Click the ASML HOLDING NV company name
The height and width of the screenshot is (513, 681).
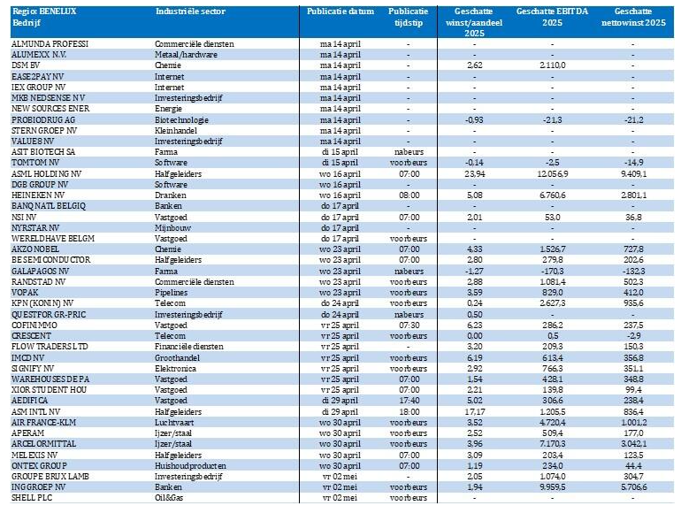pos(47,173)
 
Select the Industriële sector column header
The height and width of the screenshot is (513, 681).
pos(190,11)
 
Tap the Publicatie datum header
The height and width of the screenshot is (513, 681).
pos(340,11)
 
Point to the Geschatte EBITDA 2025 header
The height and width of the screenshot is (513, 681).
pos(552,17)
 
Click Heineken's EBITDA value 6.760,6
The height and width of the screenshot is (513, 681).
pos(553,195)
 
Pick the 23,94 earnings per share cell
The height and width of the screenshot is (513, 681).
pos(475,173)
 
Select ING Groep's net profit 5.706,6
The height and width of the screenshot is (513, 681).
pos(633,487)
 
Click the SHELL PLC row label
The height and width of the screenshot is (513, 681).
pos(32,498)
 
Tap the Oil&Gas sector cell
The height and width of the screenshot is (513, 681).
pos(169,498)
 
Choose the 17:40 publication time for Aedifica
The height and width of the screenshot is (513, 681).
pos(409,401)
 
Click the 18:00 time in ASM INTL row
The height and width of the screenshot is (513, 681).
pos(409,412)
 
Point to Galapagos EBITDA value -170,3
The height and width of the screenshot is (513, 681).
pos(553,271)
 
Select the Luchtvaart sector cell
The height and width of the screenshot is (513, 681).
pos(174,422)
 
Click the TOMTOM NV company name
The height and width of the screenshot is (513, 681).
pos(35,163)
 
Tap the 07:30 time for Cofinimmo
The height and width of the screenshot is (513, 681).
pos(409,325)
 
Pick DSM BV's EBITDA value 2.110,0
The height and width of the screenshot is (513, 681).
pos(553,65)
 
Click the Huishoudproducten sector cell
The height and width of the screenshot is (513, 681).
pos(190,465)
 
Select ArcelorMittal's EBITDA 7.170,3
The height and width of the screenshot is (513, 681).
pos(553,444)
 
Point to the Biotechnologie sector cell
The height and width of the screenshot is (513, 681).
pos(181,120)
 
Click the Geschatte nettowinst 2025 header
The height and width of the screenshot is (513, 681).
pos(633,17)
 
